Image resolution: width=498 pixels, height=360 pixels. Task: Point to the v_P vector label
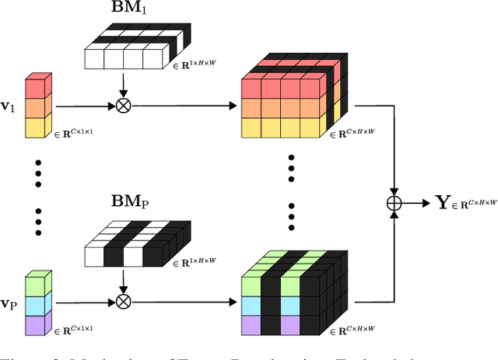click(11, 302)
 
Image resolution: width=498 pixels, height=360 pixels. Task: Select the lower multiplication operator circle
click(121, 302)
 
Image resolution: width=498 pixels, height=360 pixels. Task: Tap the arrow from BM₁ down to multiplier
click(121, 84)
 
